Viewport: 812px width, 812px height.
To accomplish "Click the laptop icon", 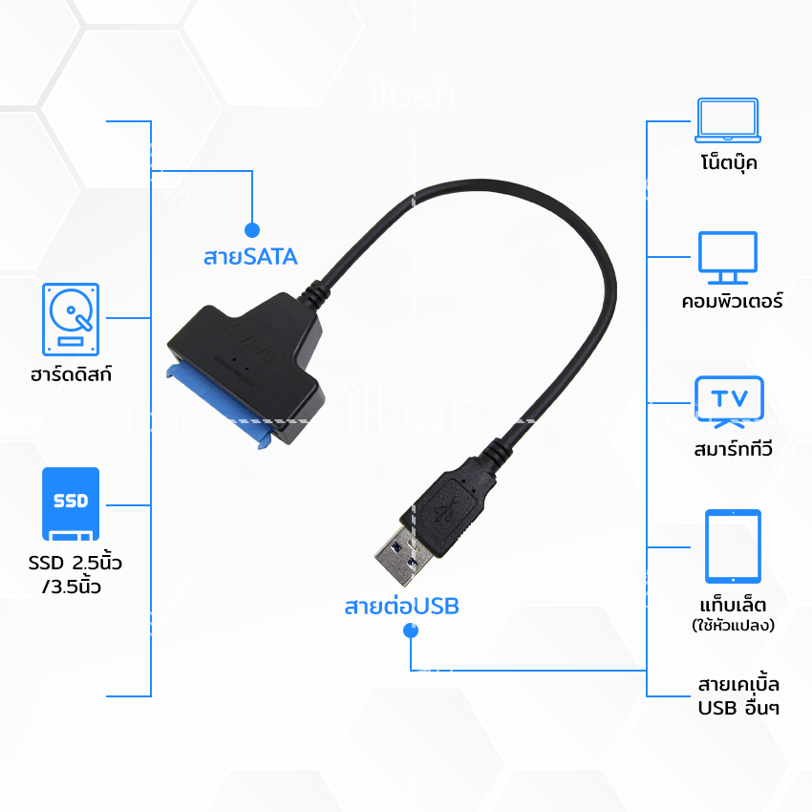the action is (728, 120).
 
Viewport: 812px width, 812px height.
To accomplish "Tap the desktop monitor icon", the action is (728, 258).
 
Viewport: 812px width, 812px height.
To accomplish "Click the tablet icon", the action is (733, 546).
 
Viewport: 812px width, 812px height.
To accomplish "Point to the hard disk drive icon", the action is (71, 319).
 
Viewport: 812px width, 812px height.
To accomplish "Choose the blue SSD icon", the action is (71, 503).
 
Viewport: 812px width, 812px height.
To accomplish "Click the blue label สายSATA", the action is (250, 257).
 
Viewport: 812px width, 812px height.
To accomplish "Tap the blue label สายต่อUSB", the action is (402, 606).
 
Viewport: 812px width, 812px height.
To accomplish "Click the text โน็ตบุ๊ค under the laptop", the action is (729, 162).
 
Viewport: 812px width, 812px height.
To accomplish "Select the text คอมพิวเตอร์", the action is (732, 300).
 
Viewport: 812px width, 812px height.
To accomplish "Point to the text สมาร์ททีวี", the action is (733, 448).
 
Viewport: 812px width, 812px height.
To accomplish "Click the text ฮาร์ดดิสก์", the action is (71, 374).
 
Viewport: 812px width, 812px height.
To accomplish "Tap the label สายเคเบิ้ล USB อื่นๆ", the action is (738, 696).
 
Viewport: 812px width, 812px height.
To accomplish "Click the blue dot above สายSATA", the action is (251, 230).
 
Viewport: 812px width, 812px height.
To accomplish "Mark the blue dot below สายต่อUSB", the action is (411, 630).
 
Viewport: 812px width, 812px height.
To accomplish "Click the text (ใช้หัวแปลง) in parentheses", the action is (733, 625).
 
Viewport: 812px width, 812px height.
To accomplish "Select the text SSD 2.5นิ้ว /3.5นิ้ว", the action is (75, 574).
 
